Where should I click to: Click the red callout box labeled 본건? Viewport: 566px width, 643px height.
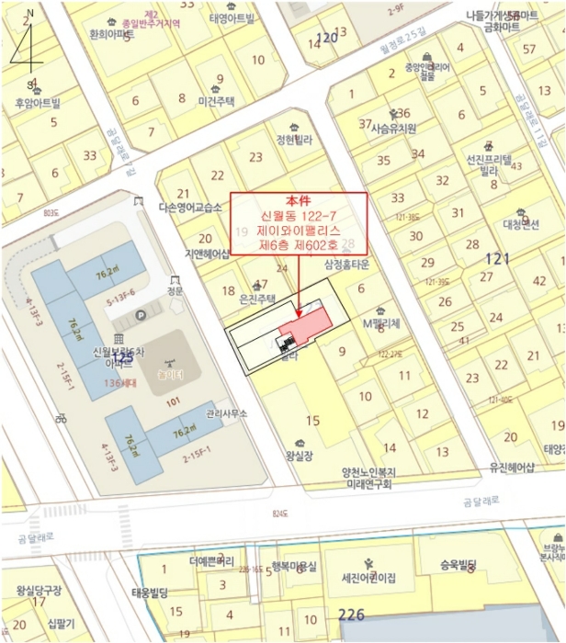tap(299, 224)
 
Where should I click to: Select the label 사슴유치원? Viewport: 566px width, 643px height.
tap(393, 129)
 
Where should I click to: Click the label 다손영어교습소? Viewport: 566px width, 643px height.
tap(190, 209)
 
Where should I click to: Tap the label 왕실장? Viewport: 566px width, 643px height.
tap(300, 455)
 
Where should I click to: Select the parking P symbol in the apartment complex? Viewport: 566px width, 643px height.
tap(141, 315)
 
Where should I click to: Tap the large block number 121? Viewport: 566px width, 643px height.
tap(496, 259)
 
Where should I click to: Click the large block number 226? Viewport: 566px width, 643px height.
tap(352, 615)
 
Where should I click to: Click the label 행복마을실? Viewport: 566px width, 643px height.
tap(294, 566)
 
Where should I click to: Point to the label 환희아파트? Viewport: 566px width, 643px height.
tap(112, 34)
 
